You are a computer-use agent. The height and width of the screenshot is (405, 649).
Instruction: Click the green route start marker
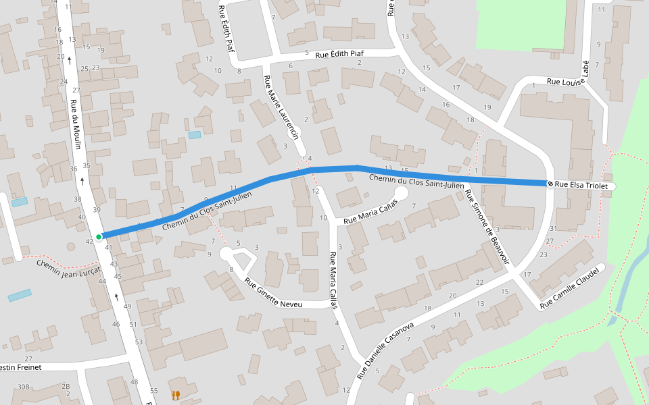(99, 236)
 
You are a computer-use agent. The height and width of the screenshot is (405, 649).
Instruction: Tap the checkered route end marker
(550, 184)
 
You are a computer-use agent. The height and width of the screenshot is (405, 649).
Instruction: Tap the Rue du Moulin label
(76, 125)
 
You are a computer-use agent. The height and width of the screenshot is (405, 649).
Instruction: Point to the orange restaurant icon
(176, 395)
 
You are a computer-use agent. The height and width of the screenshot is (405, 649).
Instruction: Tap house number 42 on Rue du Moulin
(89, 241)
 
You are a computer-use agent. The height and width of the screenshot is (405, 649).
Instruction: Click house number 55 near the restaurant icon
(153, 391)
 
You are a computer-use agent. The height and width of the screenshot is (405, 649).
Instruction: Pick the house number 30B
(24, 387)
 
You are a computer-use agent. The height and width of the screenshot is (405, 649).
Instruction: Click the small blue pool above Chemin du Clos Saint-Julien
(195, 135)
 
